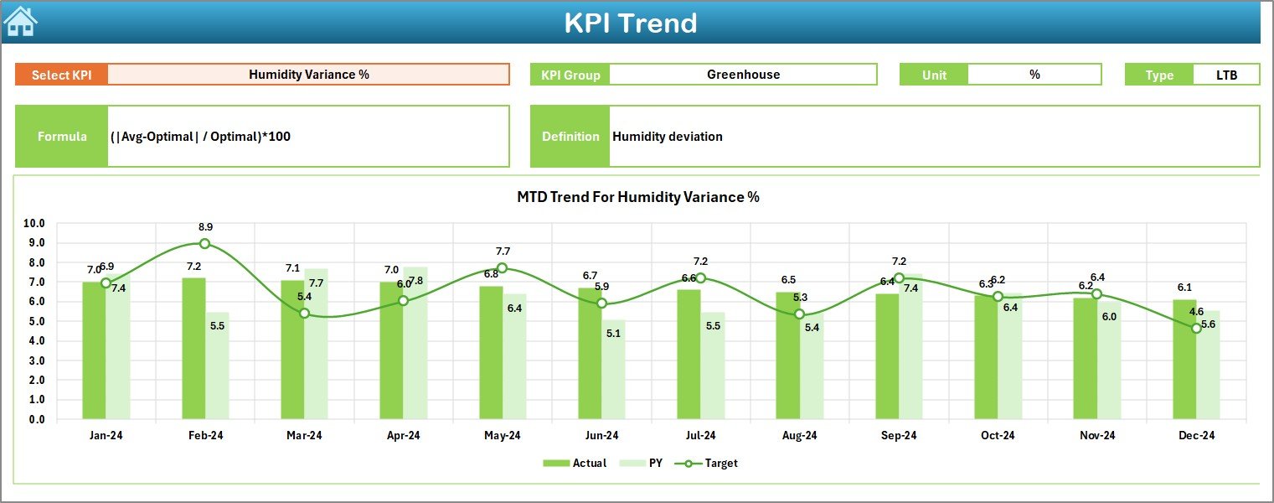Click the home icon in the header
pos(21,22)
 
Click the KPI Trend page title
pos(630,23)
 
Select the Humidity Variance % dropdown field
pos(308,74)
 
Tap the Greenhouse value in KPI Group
pos(743,74)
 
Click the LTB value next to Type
pos(1226,75)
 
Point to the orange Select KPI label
pos(61,75)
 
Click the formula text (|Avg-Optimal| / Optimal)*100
pos(200,136)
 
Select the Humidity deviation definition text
pos(667,136)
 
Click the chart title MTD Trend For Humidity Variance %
pos(637,197)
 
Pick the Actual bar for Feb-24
pos(193,348)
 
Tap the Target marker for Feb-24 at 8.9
pos(205,244)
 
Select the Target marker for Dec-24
pos(1196,329)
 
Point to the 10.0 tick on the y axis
pos(34,224)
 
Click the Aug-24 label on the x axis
pos(799,435)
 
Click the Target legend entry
pos(711,463)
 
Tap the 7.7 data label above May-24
pos(503,251)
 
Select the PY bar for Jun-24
pos(613,369)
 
